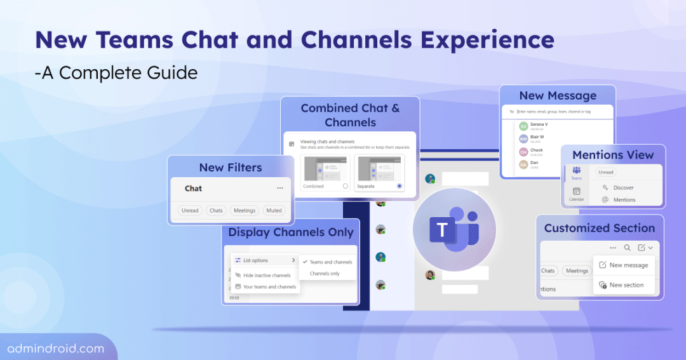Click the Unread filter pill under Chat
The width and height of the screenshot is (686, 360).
[190, 210]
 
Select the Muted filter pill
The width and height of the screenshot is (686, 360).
[274, 210]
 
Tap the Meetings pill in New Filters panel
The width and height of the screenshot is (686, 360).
[244, 210]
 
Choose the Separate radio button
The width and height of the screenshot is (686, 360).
[399, 186]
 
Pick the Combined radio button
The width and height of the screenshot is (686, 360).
[346, 186]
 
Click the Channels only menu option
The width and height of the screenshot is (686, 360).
[325, 274]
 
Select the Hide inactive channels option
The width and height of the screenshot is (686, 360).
[262, 276]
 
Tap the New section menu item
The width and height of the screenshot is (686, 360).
[626, 285]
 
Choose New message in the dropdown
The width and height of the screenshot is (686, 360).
[628, 265]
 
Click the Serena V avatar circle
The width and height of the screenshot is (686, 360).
[523, 126]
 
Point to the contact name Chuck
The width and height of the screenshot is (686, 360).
[537, 150]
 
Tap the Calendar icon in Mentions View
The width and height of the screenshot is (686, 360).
[576, 192]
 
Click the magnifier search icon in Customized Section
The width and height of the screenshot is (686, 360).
[627, 248]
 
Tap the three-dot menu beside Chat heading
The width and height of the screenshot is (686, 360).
[279, 189]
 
